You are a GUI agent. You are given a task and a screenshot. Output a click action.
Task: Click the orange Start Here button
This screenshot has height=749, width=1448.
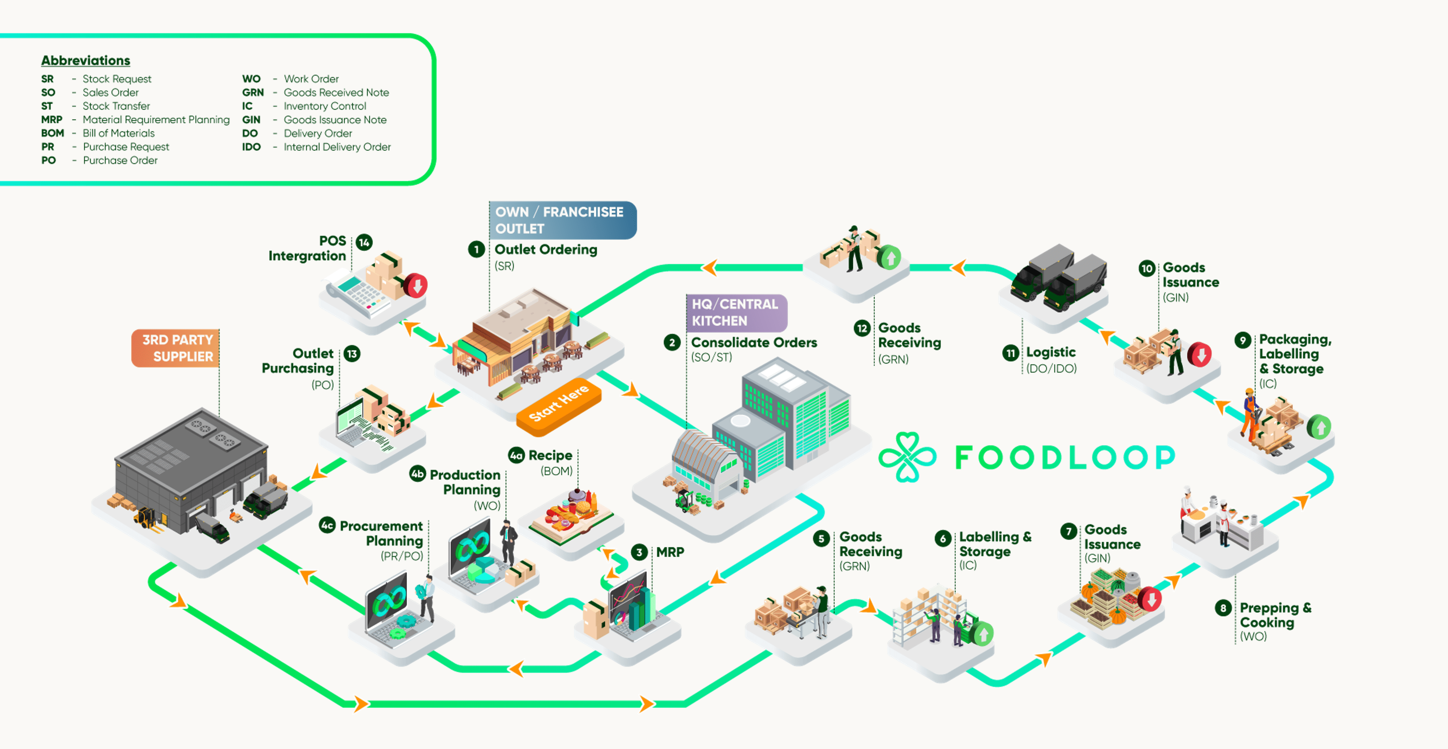point(559,403)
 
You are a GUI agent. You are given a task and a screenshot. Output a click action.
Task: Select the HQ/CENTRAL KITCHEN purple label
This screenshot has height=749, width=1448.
point(735,313)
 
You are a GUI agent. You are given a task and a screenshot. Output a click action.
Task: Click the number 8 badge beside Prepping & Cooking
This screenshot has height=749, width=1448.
point(1222,608)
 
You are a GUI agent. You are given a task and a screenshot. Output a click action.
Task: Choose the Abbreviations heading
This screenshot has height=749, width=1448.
point(86,60)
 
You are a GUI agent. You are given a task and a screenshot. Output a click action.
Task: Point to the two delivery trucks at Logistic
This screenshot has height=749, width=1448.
point(1059,278)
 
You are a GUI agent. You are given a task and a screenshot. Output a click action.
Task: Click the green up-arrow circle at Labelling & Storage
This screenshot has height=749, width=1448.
point(983,634)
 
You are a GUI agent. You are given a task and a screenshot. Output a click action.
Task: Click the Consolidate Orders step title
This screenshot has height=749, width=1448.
point(753,342)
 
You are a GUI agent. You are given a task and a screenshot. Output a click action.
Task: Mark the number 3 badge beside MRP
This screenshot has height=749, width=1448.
point(639,552)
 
